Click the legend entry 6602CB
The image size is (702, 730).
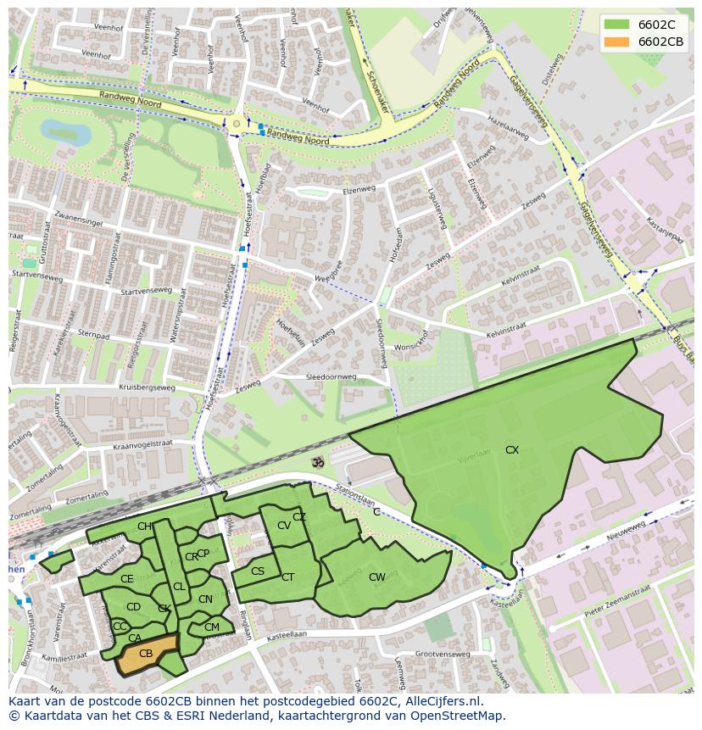click(660, 42)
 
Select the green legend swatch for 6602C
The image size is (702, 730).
click(616, 25)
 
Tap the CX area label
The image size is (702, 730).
click(512, 450)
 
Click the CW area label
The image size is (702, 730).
click(377, 577)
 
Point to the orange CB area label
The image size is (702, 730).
click(146, 654)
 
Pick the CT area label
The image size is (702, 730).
click(287, 577)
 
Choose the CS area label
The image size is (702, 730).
click(258, 571)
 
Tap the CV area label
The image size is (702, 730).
click(284, 526)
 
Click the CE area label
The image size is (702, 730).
click(127, 579)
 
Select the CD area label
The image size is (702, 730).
click(133, 607)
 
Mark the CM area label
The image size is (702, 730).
click(212, 627)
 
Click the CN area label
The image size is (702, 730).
click(205, 599)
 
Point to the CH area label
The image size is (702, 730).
click(144, 527)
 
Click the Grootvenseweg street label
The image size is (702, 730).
click(442, 654)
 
